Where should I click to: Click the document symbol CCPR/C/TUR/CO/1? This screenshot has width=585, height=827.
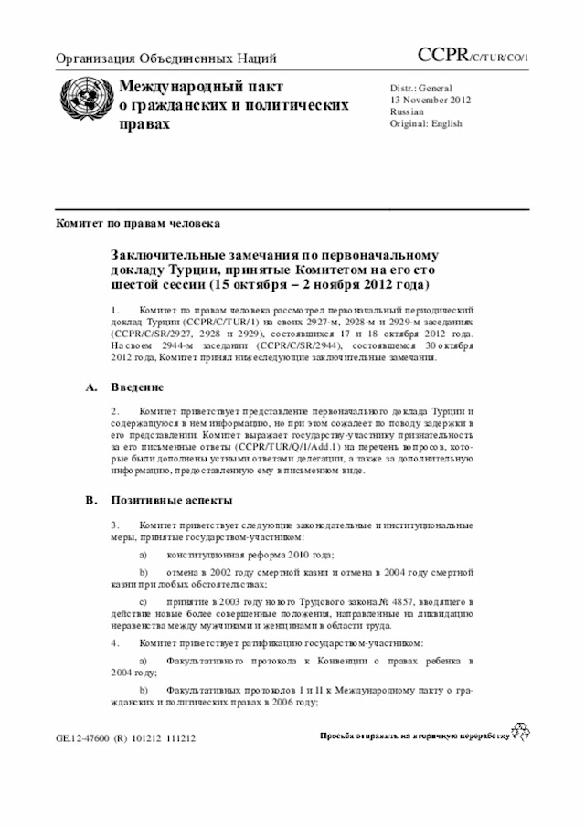coord(473,57)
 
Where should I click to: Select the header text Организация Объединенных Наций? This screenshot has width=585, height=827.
coord(166,59)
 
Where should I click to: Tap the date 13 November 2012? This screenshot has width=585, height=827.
coord(431,99)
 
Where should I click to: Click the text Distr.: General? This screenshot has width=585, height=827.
coord(421,87)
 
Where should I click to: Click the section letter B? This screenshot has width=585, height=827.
coord(90,500)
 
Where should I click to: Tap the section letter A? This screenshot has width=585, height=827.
coord(90,387)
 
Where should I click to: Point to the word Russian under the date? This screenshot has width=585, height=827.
coord(407,111)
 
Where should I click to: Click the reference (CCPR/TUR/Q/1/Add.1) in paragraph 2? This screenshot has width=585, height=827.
coord(284,448)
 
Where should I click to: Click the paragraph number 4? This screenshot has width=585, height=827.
coord(115,642)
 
